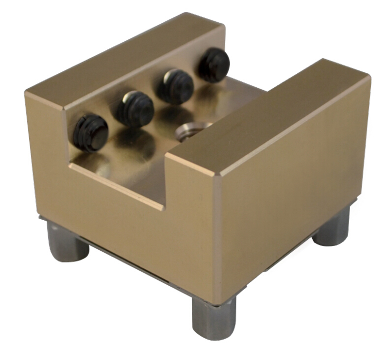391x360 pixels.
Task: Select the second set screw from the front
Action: (x=134, y=108)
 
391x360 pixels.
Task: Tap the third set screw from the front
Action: (x=175, y=86)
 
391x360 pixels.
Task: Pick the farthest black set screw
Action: (x=214, y=65)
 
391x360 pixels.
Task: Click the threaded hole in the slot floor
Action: (x=189, y=131)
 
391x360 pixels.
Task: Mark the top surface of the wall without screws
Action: (x=271, y=116)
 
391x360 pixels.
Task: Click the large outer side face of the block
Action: (x=291, y=197)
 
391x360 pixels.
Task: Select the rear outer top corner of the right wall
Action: (x=323, y=60)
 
